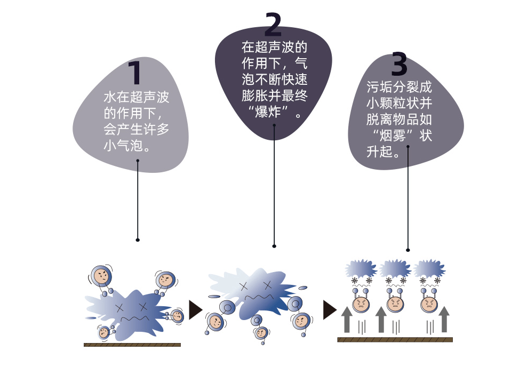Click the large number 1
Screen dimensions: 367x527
coord(135,74)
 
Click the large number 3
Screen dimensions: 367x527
coord(399,65)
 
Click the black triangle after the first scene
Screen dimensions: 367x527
coord(196,309)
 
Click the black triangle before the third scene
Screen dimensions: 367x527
coord(330,309)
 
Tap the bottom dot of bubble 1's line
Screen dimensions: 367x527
coord(138,240)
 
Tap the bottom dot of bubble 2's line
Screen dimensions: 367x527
coord(274,246)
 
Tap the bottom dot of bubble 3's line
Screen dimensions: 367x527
coord(408,250)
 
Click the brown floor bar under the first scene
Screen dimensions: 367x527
coord(132,345)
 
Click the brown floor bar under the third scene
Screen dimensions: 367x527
coord(395,339)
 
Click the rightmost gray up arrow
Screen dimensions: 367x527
coord(445,318)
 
